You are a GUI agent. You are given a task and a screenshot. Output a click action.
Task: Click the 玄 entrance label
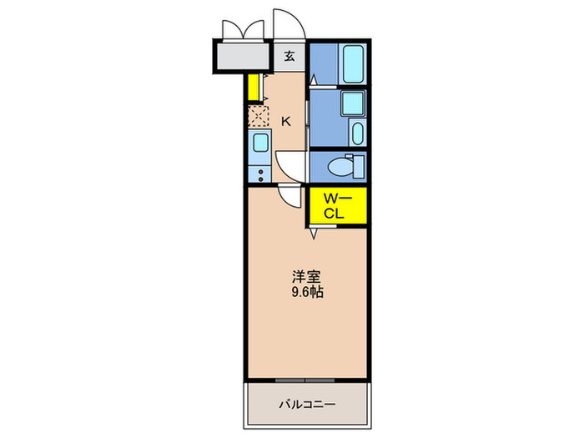pyautogui.click(x=289, y=57)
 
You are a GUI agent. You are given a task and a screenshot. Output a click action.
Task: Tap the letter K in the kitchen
pyautogui.click(x=285, y=122)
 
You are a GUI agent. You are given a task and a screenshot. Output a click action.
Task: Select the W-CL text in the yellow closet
pyautogui.click(x=335, y=205)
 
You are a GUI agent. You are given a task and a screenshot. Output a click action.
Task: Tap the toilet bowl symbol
pyautogui.click(x=342, y=166)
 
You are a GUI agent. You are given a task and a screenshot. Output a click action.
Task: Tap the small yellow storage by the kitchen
pyautogui.click(x=250, y=87)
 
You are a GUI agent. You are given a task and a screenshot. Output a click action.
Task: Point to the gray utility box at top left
pyautogui.click(x=244, y=57)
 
